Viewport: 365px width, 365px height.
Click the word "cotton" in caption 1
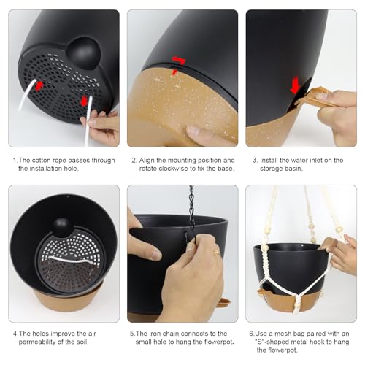41,161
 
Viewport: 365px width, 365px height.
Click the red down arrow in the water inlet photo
295,85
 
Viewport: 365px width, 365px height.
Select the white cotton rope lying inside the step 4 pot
71,260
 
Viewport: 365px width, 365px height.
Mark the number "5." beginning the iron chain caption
132,334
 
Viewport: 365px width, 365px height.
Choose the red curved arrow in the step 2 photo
179,60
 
